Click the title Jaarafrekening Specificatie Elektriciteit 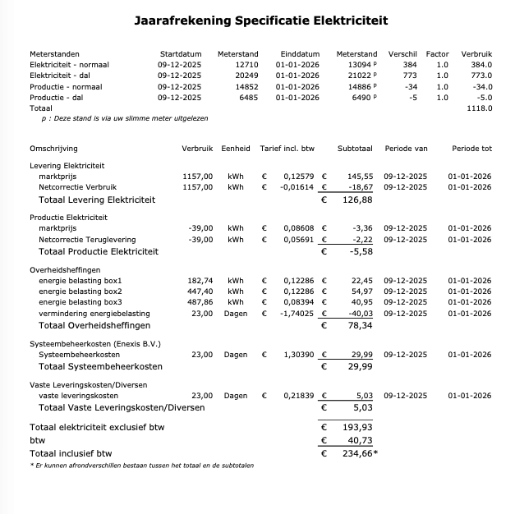(x=260, y=20)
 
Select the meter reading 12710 (x=246, y=64)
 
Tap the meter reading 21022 (x=360, y=75)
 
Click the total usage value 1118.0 (x=479, y=108)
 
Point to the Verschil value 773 (x=409, y=75)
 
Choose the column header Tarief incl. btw (x=288, y=149)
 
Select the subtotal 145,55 (x=360, y=176)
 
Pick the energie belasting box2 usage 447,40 (x=200, y=291)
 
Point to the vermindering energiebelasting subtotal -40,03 (x=359, y=313)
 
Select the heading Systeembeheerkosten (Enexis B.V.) (x=94, y=343)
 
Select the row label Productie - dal (x=58, y=97)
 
